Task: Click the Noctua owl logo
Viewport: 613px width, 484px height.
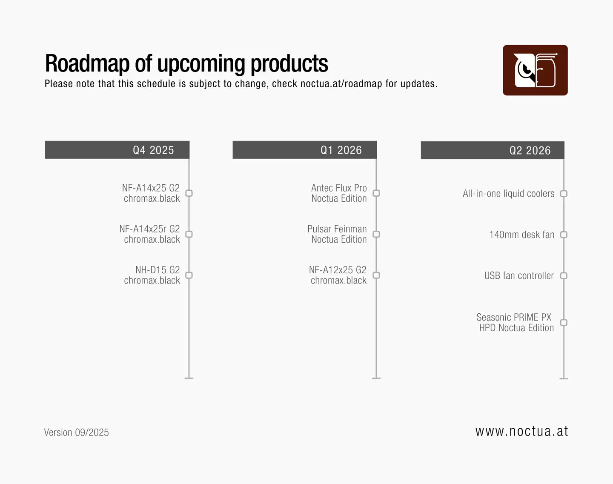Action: (x=535, y=70)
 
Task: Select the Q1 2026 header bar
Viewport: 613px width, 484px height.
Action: (x=304, y=150)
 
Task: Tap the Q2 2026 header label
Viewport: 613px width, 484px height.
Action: (x=530, y=151)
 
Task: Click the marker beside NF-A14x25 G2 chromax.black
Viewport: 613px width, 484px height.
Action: (x=189, y=193)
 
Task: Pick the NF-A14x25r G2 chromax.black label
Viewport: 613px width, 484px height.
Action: (x=150, y=234)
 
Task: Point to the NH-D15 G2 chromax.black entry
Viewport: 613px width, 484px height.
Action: (x=152, y=275)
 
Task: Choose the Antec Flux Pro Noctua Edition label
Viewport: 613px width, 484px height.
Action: (x=339, y=193)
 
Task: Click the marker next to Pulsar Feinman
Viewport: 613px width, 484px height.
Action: (x=376, y=234)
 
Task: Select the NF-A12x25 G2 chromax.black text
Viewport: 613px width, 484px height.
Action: (x=338, y=275)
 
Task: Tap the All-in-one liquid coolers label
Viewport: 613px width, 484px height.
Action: (x=508, y=194)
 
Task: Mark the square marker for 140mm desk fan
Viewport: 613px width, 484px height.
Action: (x=564, y=235)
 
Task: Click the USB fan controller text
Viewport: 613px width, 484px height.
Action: (x=519, y=276)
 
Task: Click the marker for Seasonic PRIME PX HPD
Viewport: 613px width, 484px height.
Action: (x=564, y=323)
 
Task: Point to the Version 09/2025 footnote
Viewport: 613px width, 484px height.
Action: (x=77, y=432)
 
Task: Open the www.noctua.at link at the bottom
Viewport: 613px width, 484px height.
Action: (x=521, y=431)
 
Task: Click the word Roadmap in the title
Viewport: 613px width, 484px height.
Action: (x=87, y=64)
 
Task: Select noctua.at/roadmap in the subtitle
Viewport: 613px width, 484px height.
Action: (x=341, y=84)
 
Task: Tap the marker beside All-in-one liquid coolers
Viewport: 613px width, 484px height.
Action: (x=564, y=194)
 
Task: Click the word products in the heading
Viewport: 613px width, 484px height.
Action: (x=289, y=64)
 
